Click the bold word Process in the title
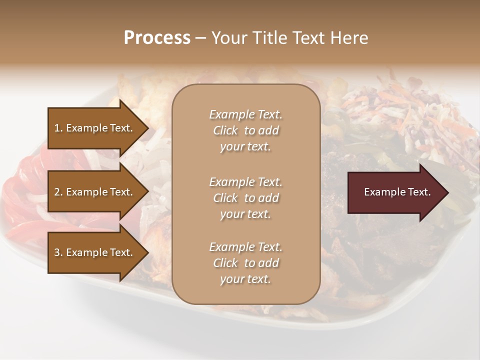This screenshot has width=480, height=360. (x=157, y=38)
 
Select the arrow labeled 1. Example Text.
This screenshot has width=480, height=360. (x=95, y=128)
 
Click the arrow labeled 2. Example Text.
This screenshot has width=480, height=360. (x=95, y=192)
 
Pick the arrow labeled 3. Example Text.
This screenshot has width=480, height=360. (x=95, y=252)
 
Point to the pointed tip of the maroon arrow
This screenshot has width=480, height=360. (x=447, y=192)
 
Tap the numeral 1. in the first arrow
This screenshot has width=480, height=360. (x=58, y=128)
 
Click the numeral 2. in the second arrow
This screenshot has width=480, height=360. (x=58, y=192)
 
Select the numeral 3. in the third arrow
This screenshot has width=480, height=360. (x=58, y=252)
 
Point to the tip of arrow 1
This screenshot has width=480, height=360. (x=148, y=128)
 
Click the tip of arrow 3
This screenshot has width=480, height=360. (x=148, y=252)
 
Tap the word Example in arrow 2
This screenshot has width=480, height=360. (x=87, y=192)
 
